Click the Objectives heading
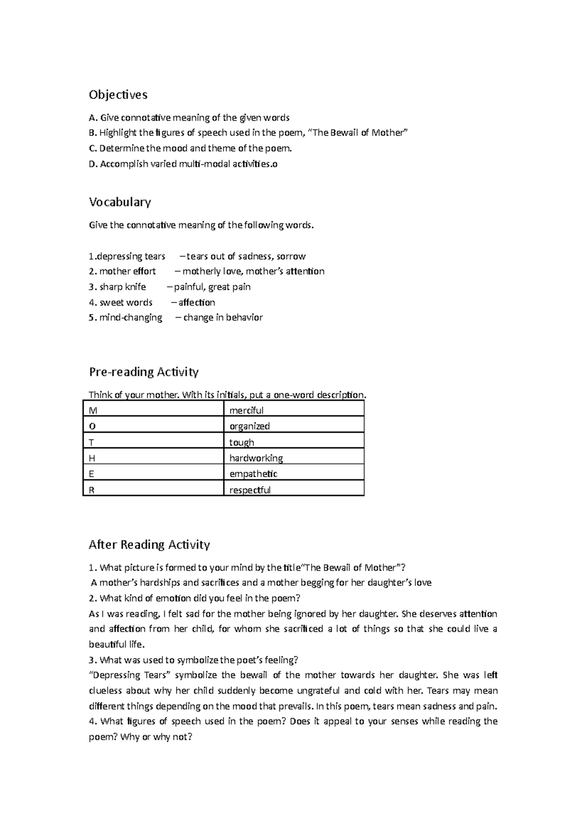pos(118,94)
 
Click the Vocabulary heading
pos(120,202)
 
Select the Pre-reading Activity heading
pos(143,372)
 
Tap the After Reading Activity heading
pos(149,545)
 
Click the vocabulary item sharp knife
pos(122,287)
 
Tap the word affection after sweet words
pos(197,302)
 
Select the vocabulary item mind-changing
pos(130,318)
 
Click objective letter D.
pos(92,164)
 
